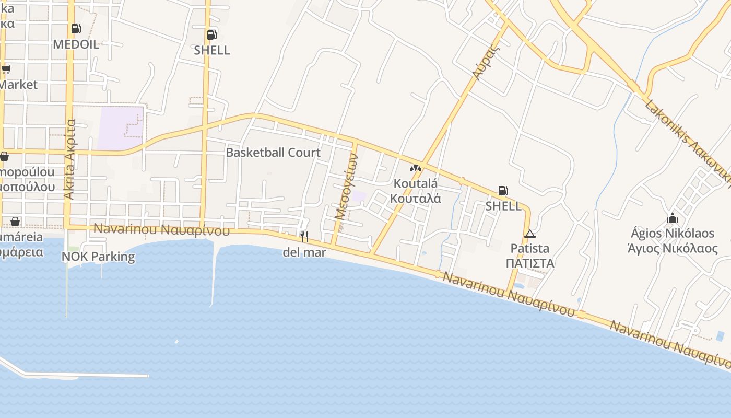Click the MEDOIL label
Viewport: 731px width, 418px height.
(76, 44)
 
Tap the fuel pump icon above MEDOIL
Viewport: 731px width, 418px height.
(76, 29)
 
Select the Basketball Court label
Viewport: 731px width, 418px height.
(273, 153)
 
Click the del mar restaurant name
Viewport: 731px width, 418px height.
(304, 252)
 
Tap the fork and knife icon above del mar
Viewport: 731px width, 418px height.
(304, 236)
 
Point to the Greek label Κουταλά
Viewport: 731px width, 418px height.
(416, 199)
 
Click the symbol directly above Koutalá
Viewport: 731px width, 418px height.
(416, 168)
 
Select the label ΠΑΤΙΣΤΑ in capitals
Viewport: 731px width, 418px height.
(530, 263)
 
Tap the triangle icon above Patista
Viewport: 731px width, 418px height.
(530, 234)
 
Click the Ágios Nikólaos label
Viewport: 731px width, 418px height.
(672, 233)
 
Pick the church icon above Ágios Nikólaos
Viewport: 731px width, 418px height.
(673, 218)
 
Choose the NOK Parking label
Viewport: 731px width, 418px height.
(98, 257)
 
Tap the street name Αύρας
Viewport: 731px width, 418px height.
(484, 62)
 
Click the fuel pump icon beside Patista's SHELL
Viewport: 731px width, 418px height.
(503, 191)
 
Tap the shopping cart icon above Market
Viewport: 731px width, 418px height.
(6, 69)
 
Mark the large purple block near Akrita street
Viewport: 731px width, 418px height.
(120, 127)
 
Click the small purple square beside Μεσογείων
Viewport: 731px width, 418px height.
(359, 196)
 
